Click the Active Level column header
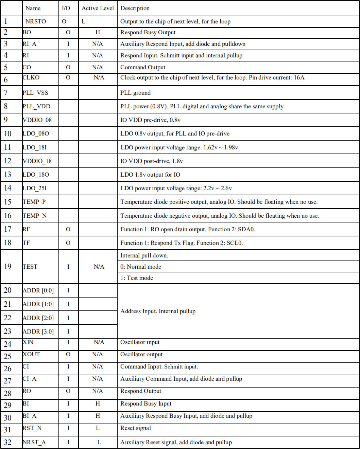[x=98, y=8]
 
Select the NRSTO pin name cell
[x=36, y=21]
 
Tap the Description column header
[x=135, y=8]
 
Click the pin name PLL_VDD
[x=36, y=106]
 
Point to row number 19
[x=7, y=267]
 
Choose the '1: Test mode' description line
[x=137, y=278]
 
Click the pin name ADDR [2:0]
[x=38, y=318]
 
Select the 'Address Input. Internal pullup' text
[x=158, y=311]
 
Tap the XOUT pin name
[x=31, y=354]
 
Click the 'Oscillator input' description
[x=140, y=342]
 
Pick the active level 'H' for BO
[x=98, y=32]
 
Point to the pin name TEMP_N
[x=35, y=216]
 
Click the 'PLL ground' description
[x=135, y=93]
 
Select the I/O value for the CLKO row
[x=68, y=77]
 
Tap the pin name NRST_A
[x=34, y=442]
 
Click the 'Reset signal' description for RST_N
[x=136, y=428]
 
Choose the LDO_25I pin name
[x=35, y=188]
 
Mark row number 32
[x=7, y=442]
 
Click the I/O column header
[x=66, y=8]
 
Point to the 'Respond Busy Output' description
[x=148, y=32]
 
